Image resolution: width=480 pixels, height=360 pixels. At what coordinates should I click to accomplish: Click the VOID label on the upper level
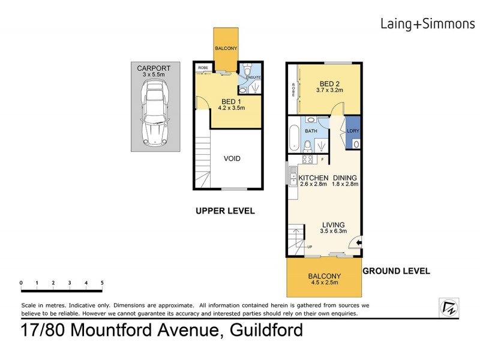pos(232,158)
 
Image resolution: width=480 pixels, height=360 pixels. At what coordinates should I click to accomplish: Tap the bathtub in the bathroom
pos(293,138)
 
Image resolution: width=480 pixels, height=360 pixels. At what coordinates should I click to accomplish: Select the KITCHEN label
pos(313,178)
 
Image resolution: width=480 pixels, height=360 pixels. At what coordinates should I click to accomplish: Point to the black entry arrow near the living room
pos(358,242)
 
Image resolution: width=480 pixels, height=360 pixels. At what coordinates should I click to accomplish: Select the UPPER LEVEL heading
pos(225,211)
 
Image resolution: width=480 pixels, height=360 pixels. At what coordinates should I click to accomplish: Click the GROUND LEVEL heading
pos(396,271)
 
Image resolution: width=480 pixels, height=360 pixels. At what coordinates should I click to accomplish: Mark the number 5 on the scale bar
pos(102,282)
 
